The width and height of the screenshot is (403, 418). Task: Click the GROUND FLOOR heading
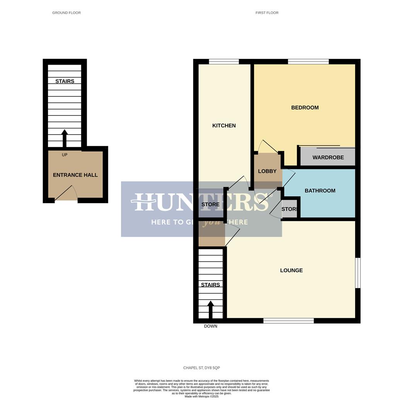(x=67, y=13)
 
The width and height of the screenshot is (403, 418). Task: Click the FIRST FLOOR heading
(x=267, y=13)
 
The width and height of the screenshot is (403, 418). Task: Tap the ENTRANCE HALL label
(x=75, y=175)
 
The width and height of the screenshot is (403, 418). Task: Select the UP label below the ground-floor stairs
(x=65, y=155)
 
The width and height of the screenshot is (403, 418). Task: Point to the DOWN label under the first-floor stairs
(x=210, y=326)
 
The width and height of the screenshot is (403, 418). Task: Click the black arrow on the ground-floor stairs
(x=65, y=138)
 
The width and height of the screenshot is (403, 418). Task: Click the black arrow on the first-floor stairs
(x=210, y=309)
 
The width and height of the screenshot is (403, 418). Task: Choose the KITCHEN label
(x=224, y=125)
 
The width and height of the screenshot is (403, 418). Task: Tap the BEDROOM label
(x=305, y=108)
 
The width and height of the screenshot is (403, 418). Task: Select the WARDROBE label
(x=328, y=158)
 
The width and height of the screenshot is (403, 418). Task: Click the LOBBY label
(x=267, y=171)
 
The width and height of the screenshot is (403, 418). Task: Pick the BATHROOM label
(x=320, y=190)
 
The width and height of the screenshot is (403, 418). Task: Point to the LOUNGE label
(x=291, y=271)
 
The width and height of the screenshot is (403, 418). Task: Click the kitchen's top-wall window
(x=224, y=61)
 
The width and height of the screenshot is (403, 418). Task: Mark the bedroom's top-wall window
(x=308, y=61)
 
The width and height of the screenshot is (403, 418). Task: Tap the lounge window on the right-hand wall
(x=358, y=273)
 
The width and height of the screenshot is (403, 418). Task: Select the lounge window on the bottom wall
(x=289, y=320)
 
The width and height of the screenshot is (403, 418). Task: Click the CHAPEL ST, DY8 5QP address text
(x=201, y=368)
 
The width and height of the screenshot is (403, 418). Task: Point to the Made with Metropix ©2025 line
(x=201, y=396)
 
